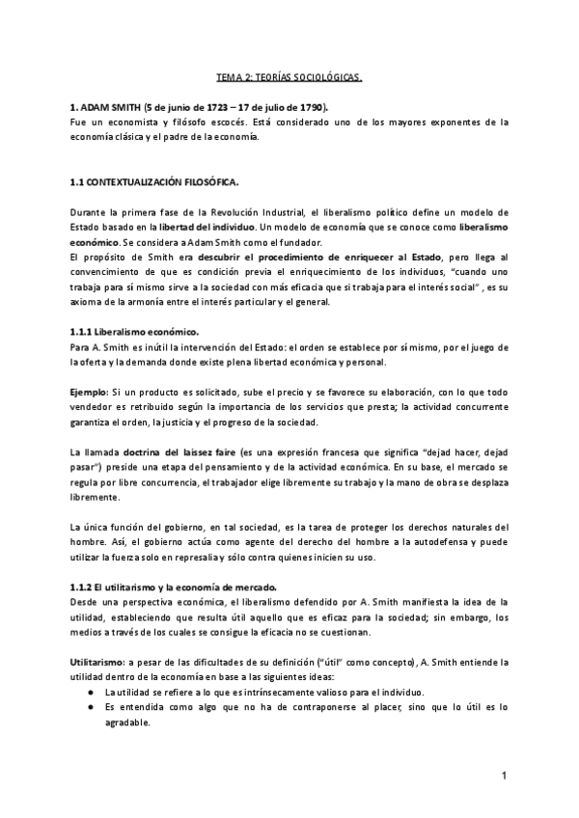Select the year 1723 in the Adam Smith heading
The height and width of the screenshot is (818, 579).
click(213, 107)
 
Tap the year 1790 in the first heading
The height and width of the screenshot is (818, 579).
click(306, 107)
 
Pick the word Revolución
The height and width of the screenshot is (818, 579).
click(255, 211)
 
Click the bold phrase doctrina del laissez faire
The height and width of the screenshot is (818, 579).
click(179, 451)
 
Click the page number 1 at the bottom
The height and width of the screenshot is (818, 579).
click(504, 777)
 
